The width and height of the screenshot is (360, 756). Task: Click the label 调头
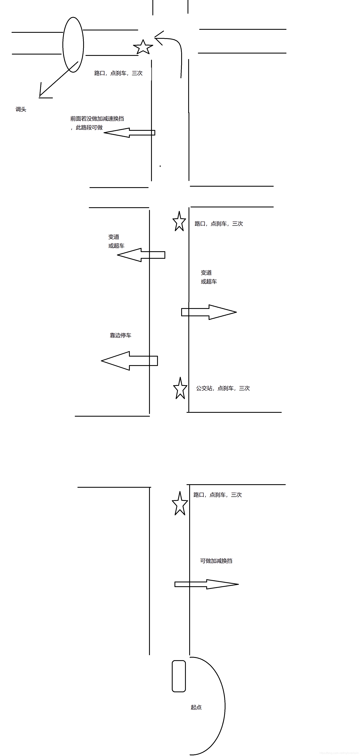pos(21,109)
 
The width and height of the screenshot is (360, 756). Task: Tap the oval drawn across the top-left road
pos(73,45)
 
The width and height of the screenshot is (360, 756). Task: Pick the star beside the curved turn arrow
pos(143,47)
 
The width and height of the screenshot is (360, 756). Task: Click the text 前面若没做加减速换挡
pos(97,119)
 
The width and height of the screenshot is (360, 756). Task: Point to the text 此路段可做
pos(89,127)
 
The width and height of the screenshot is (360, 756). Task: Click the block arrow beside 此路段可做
pos(129,133)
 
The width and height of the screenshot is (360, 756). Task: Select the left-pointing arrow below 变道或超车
pos(141,255)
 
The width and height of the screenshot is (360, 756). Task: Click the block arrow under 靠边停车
pos(129,361)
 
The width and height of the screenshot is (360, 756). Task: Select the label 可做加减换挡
pos(216,561)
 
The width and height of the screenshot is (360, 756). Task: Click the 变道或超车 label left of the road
pos(116,241)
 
